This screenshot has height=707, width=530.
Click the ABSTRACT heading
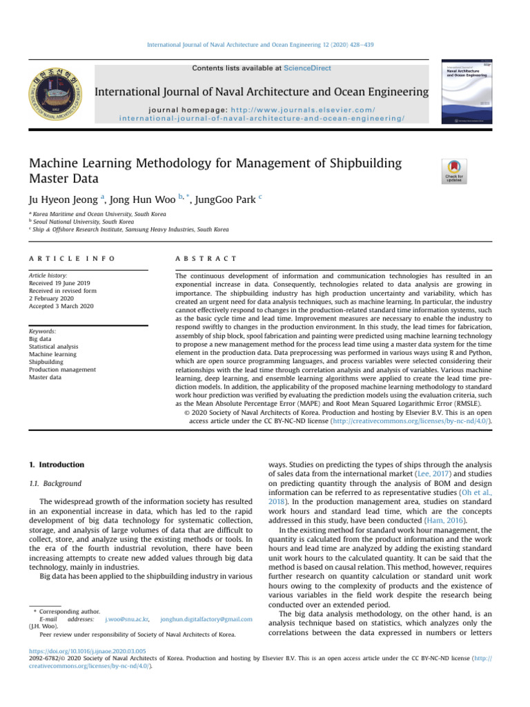click(x=206, y=258)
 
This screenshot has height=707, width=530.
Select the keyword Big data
click(x=39, y=320)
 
